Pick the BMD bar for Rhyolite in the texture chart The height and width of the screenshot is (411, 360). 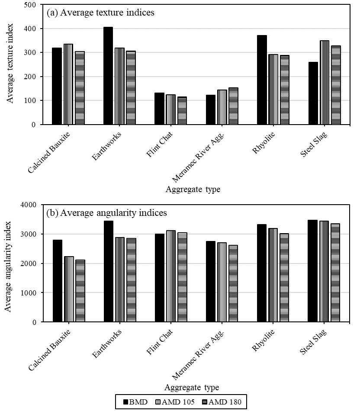[262, 80]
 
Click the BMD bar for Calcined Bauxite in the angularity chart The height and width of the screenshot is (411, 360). [57, 281]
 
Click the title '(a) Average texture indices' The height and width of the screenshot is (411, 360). [100, 13]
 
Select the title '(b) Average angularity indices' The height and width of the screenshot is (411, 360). [106, 213]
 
